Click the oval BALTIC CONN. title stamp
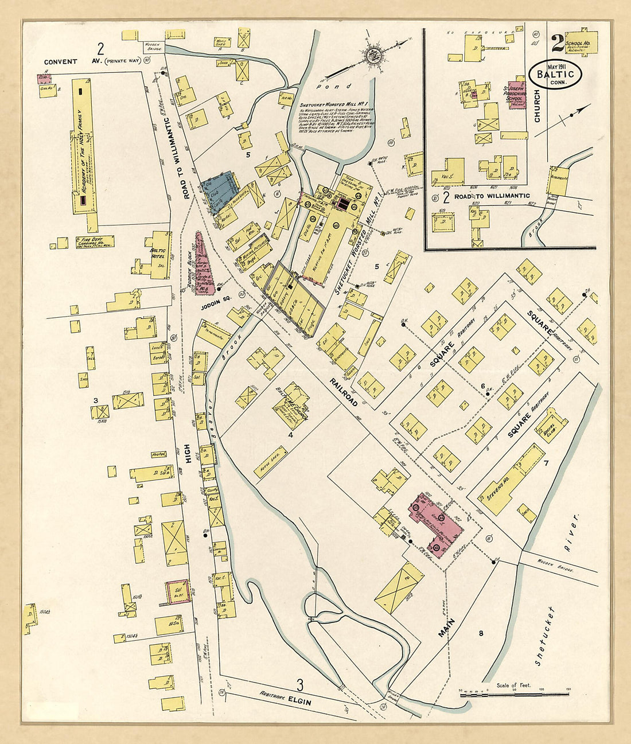tap(556, 74)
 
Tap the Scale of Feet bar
tap(515, 695)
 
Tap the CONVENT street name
tap(60, 61)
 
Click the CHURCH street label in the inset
tap(537, 106)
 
